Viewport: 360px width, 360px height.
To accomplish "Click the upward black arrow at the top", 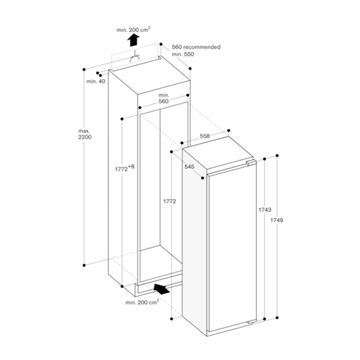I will (133, 40).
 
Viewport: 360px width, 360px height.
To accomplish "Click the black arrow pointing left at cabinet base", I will (162, 289).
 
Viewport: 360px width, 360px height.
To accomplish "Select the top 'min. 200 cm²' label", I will (133, 29).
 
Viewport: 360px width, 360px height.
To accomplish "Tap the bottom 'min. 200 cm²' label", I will (142, 303).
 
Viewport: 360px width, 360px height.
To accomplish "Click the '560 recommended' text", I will (196, 47).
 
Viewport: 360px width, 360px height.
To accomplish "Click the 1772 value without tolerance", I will (169, 201).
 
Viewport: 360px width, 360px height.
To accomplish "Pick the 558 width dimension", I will (205, 137).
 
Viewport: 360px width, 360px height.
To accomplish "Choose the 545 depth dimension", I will (190, 167).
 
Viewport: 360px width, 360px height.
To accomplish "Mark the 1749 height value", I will (277, 221).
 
